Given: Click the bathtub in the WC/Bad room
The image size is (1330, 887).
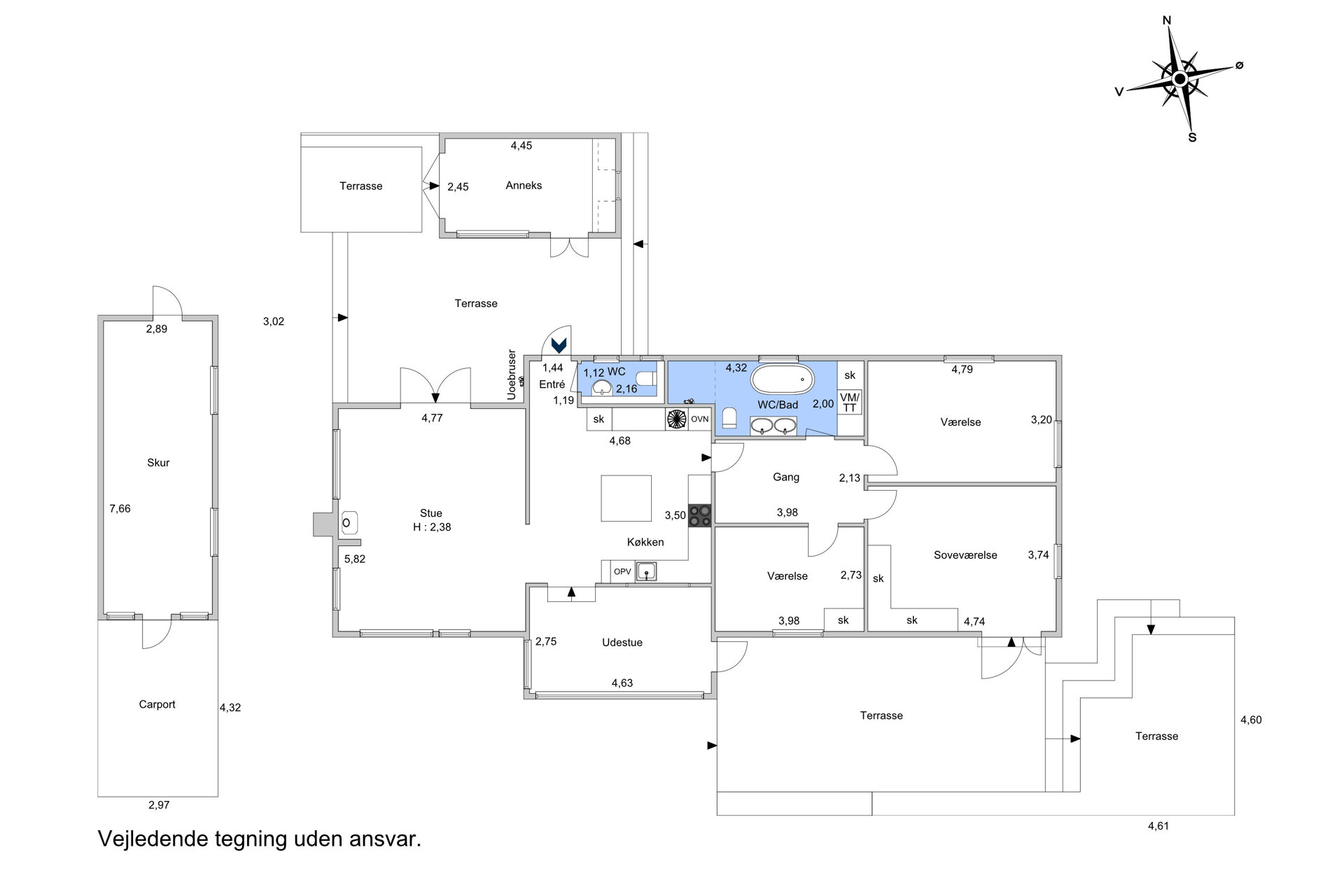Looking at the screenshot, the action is tap(782, 380).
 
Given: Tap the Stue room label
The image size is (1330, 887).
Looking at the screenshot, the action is tap(431, 513).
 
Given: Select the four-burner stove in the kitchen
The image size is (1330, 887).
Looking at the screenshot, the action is tap(699, 516).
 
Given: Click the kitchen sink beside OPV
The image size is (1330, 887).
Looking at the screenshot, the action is tap(647, 571).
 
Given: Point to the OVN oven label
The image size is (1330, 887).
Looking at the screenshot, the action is tap(700, 419).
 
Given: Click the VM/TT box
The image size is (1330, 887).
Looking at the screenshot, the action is tap(850, 403).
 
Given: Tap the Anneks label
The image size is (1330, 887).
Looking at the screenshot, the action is tap(524, 186).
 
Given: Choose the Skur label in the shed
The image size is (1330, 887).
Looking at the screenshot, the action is tap(158, 463).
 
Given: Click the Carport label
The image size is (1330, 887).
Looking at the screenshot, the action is tap(157, 705).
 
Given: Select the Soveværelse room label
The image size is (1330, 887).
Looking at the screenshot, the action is tap(965, 555).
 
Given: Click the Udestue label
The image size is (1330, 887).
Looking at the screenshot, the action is tap(622, 643).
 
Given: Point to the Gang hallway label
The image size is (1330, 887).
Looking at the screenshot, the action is tap(786, 477).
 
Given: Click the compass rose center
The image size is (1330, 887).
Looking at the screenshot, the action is tap(1179, 78).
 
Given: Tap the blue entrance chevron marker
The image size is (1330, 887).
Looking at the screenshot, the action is tap(559, 345).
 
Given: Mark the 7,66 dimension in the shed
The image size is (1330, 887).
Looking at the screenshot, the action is tap(120, 509).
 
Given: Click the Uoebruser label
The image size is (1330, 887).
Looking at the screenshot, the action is tap(512, 375).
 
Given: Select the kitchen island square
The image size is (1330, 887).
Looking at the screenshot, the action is tap(626, 498).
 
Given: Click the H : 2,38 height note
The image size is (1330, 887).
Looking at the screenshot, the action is tap(432, 527).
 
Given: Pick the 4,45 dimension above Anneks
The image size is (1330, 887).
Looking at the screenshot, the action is tap(521, 146).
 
